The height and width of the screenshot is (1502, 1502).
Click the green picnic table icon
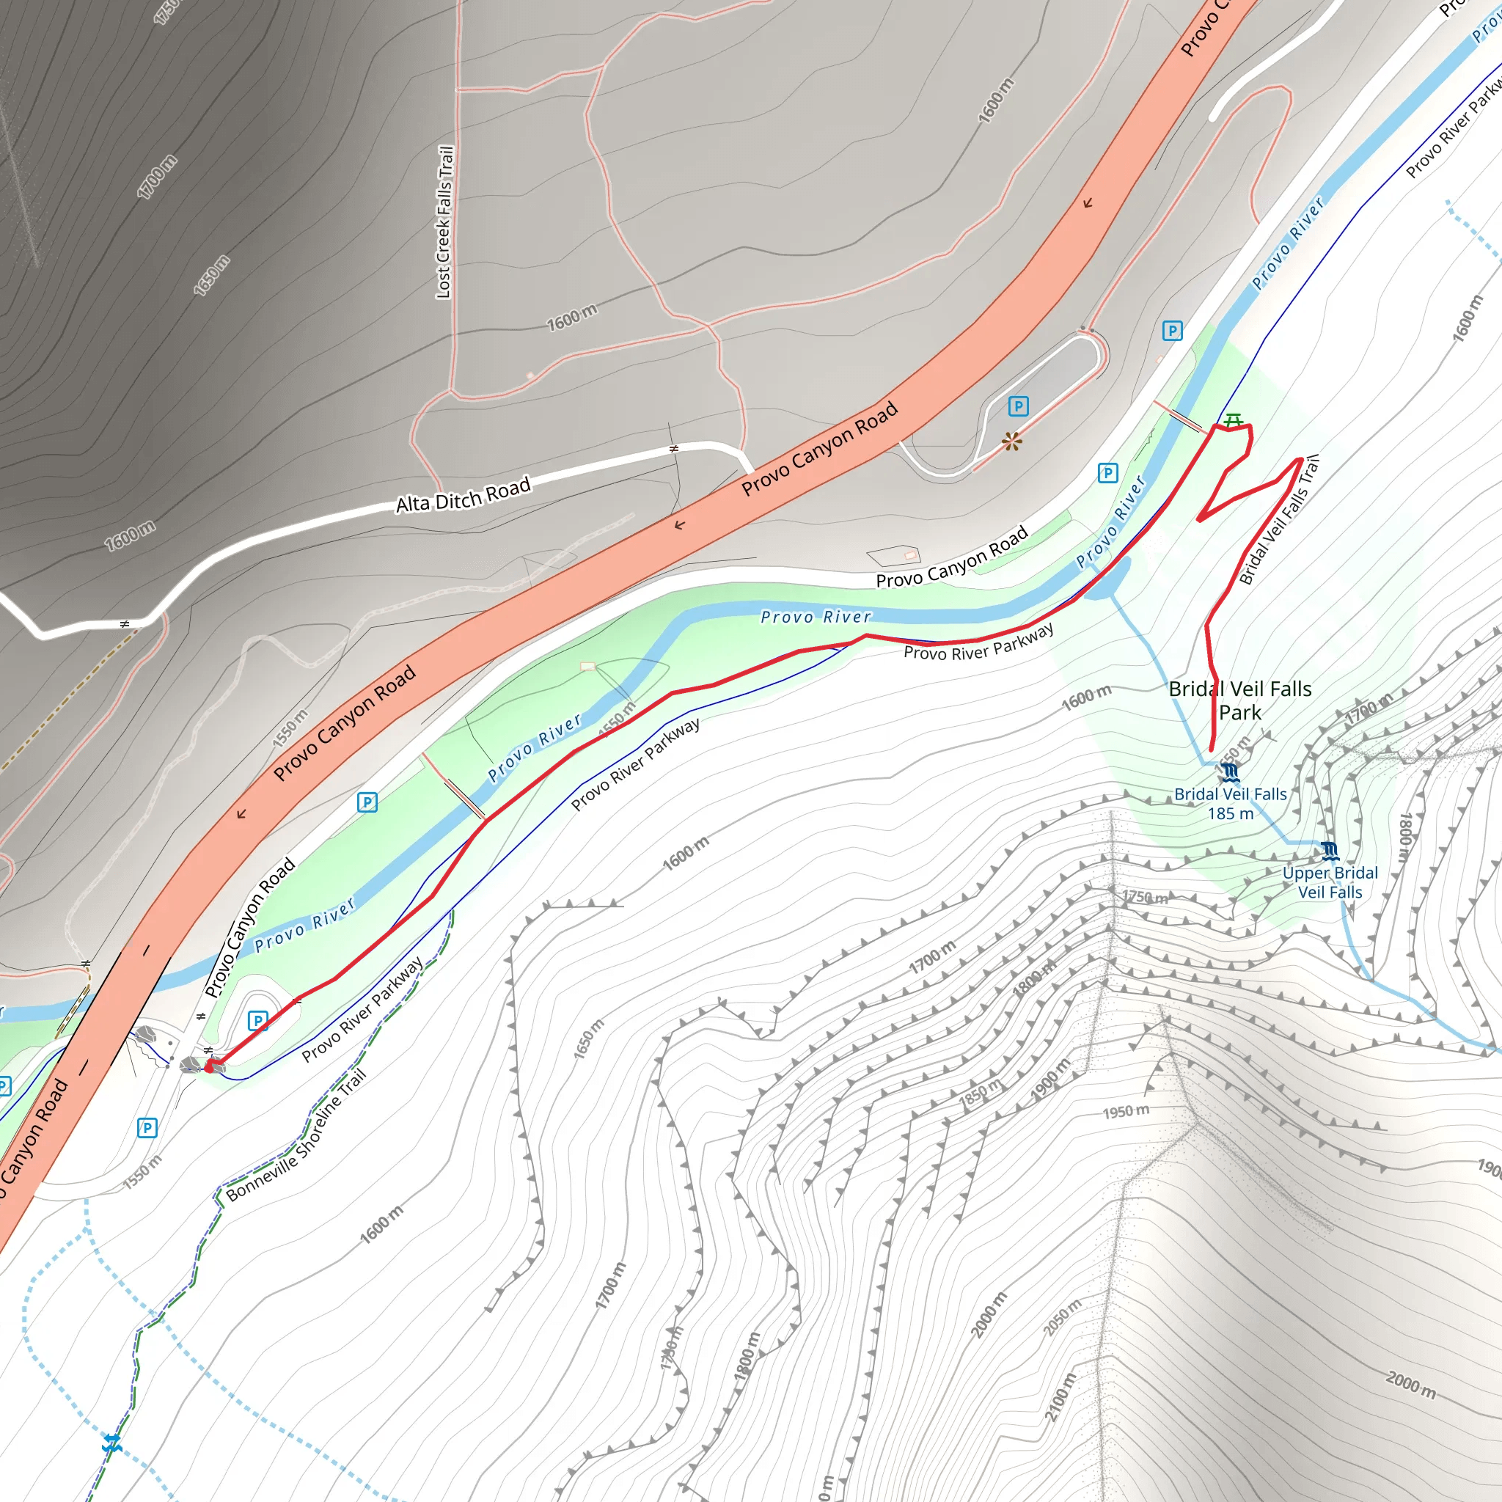pos(1233,420)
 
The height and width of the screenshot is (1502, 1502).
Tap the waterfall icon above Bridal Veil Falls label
pos(1229,772)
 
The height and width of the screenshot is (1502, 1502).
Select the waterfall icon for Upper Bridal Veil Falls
pos(1330,851)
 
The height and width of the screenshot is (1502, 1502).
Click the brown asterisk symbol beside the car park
pos(1012,442)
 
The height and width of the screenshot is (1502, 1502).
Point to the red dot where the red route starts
pos(209,1067)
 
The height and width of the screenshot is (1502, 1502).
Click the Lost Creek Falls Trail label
pos(444,221)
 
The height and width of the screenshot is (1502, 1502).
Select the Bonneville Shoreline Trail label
pos(296,1136)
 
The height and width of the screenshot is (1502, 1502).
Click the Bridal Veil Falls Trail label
pos(1279,520)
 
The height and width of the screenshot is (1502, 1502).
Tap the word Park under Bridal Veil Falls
pos(1240,712)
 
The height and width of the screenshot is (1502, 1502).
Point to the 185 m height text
pos(1230,814)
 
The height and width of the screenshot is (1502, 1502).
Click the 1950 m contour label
pos(1126,1112)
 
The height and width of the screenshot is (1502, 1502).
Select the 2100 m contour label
pos(1061,1398)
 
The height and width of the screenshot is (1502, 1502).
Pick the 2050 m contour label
pos(1062,1318)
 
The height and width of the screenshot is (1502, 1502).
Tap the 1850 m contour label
pos(981,1096)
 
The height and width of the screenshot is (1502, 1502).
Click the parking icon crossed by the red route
pos(257,1020)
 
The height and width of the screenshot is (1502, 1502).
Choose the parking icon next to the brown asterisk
pos(1019,406)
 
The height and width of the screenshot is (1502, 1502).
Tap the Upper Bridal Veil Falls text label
pos(1330,882)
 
